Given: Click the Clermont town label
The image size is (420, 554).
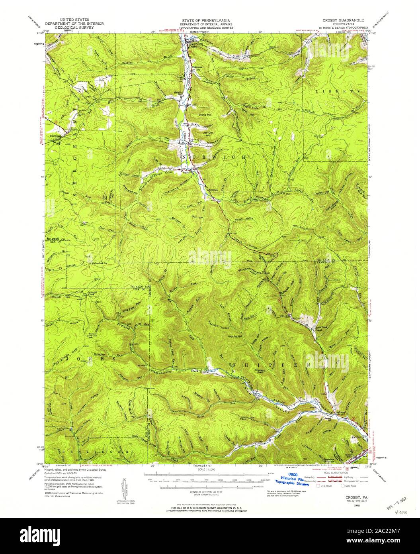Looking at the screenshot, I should [x=55, y=136].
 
